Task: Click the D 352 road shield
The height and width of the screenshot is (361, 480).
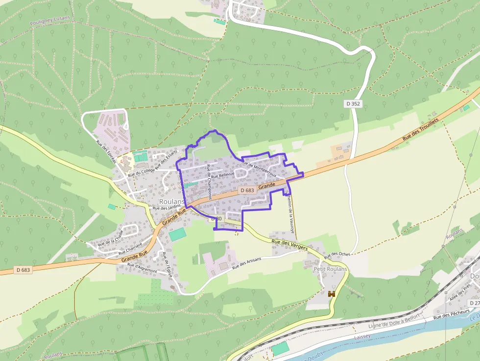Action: (353, 103)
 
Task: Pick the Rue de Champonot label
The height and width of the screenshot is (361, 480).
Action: (209, 181)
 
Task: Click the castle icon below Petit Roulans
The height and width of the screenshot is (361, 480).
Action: (332, 294)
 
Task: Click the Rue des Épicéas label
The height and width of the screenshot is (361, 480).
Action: (106, 152)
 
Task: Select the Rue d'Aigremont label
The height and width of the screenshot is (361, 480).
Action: (142, 267)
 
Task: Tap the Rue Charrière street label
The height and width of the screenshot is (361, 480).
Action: (131, 248)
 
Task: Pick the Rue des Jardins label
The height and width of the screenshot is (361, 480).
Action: (167, 208)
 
